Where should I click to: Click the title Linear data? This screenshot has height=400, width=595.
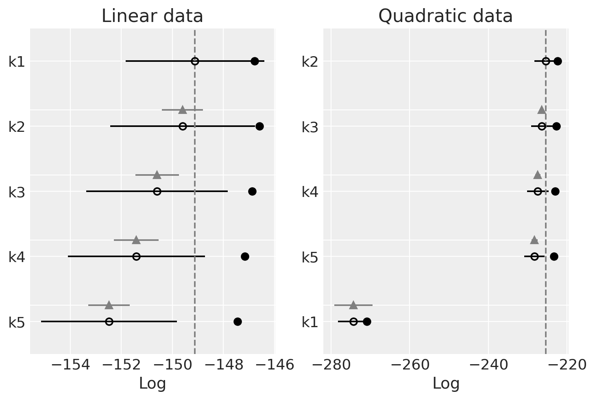[152, 16]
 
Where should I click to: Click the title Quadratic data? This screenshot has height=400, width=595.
[445, 16]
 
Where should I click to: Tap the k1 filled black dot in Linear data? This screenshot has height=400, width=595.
[255, 61]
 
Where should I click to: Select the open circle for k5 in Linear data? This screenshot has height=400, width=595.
[109, 321]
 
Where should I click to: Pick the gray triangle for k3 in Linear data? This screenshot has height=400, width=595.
[157, 175]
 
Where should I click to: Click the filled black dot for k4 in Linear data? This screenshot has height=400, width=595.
[245, 256]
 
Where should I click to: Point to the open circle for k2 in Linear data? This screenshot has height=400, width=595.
[183, 126]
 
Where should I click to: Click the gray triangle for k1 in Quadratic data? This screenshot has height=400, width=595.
[353, 305]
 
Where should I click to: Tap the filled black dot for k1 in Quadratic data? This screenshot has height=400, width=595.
[367, 322]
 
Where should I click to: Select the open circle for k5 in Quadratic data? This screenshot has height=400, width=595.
[534, 256]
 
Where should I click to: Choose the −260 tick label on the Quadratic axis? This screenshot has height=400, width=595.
[409, 365]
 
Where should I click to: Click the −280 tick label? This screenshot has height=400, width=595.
[330, 365]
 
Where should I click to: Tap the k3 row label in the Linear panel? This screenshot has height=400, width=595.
[17, 192]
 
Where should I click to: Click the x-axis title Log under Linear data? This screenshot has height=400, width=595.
[152, 383]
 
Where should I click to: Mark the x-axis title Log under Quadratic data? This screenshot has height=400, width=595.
[445, 383]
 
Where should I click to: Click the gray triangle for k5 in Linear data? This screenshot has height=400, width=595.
[109, 305]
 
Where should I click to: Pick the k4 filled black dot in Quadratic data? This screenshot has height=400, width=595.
[555, 191]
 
